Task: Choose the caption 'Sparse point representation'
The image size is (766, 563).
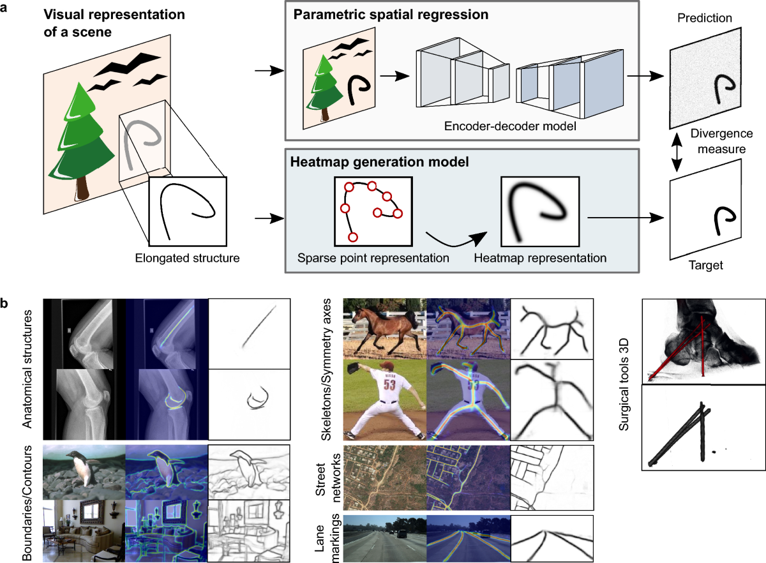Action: [373, 259]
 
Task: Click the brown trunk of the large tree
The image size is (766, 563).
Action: [82, 188]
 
